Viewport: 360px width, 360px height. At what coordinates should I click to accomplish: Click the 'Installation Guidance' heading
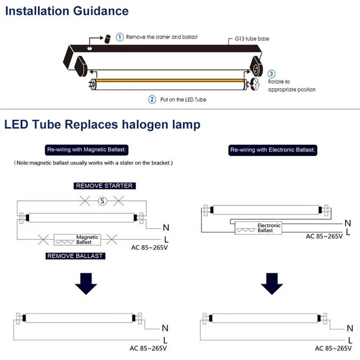67,11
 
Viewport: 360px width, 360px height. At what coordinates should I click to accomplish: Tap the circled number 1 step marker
120,37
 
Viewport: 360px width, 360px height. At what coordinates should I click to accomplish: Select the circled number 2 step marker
152,99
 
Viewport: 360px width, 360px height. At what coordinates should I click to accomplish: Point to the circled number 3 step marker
272,74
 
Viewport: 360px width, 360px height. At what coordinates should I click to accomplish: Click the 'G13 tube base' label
252,39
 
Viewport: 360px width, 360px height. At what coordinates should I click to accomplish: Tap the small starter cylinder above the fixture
108,39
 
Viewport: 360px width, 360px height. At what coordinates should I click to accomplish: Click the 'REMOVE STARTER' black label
104,185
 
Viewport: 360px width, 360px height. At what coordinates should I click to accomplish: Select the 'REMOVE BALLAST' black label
75,256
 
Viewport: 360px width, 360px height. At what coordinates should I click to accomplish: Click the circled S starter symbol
103,201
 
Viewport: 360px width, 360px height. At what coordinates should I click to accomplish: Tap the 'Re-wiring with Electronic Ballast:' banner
273,149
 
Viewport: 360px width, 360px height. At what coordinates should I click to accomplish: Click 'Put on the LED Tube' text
183,99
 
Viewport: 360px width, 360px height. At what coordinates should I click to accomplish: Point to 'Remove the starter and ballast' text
162,37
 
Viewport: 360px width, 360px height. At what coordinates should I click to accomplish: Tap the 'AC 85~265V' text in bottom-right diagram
333,348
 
